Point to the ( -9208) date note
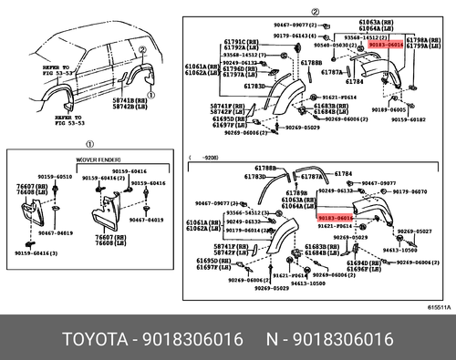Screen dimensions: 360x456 click(205, 157)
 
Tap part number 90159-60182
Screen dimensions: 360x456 click(406, 119)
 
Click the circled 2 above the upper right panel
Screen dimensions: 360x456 click(316, 11)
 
